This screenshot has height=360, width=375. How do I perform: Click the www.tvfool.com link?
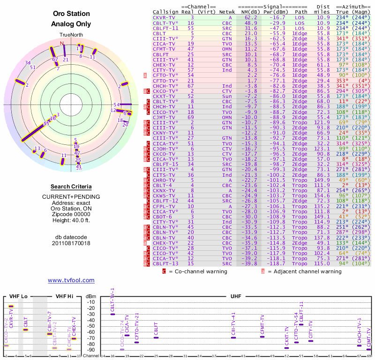coord(71,280)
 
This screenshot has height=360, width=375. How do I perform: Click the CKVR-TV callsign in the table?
coord(164,17)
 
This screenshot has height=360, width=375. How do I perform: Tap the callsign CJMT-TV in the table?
coord(164,117)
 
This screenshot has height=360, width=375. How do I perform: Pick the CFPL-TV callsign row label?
coord(164,205)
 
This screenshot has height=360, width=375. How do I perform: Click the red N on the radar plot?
coord(61,44)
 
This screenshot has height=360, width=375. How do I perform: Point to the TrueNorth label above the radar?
coord(71,35)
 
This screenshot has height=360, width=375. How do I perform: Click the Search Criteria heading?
coord(71,187)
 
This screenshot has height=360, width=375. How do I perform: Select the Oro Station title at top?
coord(71,15)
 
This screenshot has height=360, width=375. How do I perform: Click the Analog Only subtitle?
coord(71,24)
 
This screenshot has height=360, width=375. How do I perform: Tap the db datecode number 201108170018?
coord(71,243)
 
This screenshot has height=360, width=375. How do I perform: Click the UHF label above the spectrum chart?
coord(236,297)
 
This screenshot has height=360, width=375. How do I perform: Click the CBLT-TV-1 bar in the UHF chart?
coord(112,314)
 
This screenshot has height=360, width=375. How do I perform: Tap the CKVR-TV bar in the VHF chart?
coord(11,306)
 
